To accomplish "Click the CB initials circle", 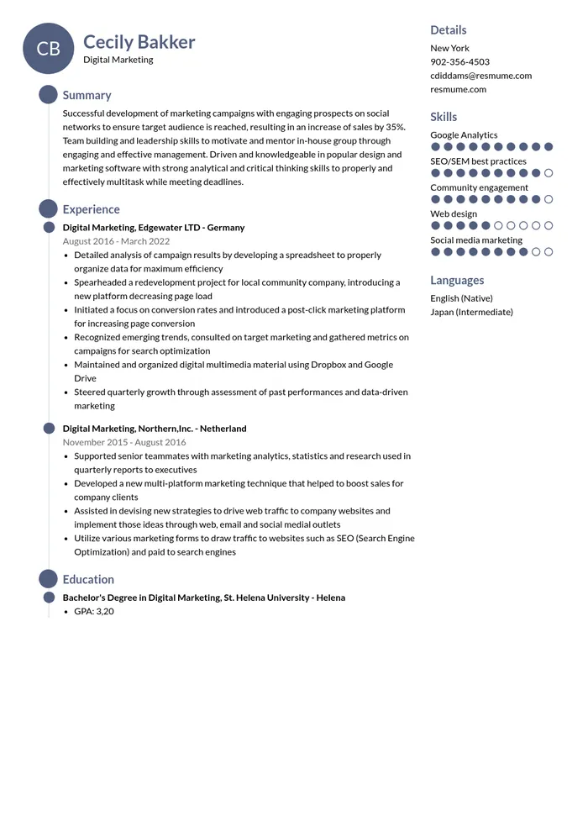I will tap(49, 49).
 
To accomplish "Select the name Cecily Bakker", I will tap(139, 42).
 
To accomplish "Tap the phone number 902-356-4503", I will tap(459, 62).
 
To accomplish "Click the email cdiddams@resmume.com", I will tap(480, 76).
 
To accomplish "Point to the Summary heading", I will tap(87, 96).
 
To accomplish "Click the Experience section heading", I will tap(91, 210).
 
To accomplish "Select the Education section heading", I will tap(88, 580).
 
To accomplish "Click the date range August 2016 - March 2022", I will tap(116, 241).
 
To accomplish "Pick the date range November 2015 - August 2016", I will tap(124, 442).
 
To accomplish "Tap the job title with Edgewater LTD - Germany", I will tap(154, 228).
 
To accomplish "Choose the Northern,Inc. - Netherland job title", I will tap(155, 429).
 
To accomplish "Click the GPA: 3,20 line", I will tap(93, 612).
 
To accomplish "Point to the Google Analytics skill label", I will tap(464, 135).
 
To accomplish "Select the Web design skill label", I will tap(454, 214).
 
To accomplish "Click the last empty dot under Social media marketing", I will tap(549, 252).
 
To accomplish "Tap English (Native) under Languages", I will tap(461, 298).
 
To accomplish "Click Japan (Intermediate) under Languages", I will tap(471, 312).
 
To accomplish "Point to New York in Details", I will tap(449, 49).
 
